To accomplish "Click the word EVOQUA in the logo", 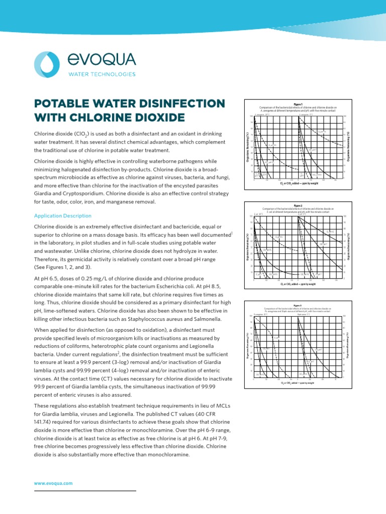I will click(101, 60).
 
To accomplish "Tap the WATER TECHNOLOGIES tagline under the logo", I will click(102, 74).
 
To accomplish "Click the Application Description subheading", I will click(62, 216).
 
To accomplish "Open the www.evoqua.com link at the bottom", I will click(53, 483).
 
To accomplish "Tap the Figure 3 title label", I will click(298, 305).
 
